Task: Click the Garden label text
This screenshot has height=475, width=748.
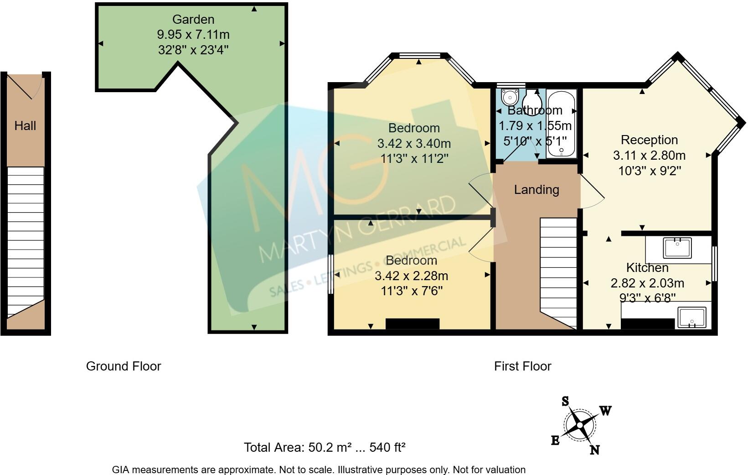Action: (x=193, y=20)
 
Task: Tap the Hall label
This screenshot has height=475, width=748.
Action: (x=25, y=126)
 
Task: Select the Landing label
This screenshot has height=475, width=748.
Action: (x=536, y=189)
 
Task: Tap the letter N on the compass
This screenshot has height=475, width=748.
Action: (x=594, y=450)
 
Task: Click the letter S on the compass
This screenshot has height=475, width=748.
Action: (x=565, y=402)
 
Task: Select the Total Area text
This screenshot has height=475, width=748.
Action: (x=325, y=447)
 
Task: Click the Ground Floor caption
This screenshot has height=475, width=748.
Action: (x=124, y=366)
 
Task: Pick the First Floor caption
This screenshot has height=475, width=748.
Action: (x=522, y=366)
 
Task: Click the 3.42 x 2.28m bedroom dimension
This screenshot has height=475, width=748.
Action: (x=411, y=276)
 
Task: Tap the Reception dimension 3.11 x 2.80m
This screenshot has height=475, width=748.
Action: (x=649, y=156)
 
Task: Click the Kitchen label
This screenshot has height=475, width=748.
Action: (x=647, y=268)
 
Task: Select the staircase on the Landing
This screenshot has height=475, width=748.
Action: (x=558, y=269)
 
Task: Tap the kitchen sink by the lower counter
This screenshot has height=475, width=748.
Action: (x=692, y=317)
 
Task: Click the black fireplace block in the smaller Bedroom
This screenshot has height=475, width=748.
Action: (x=413, y=324)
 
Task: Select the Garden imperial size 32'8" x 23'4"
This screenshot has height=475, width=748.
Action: (x=193, y=50)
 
